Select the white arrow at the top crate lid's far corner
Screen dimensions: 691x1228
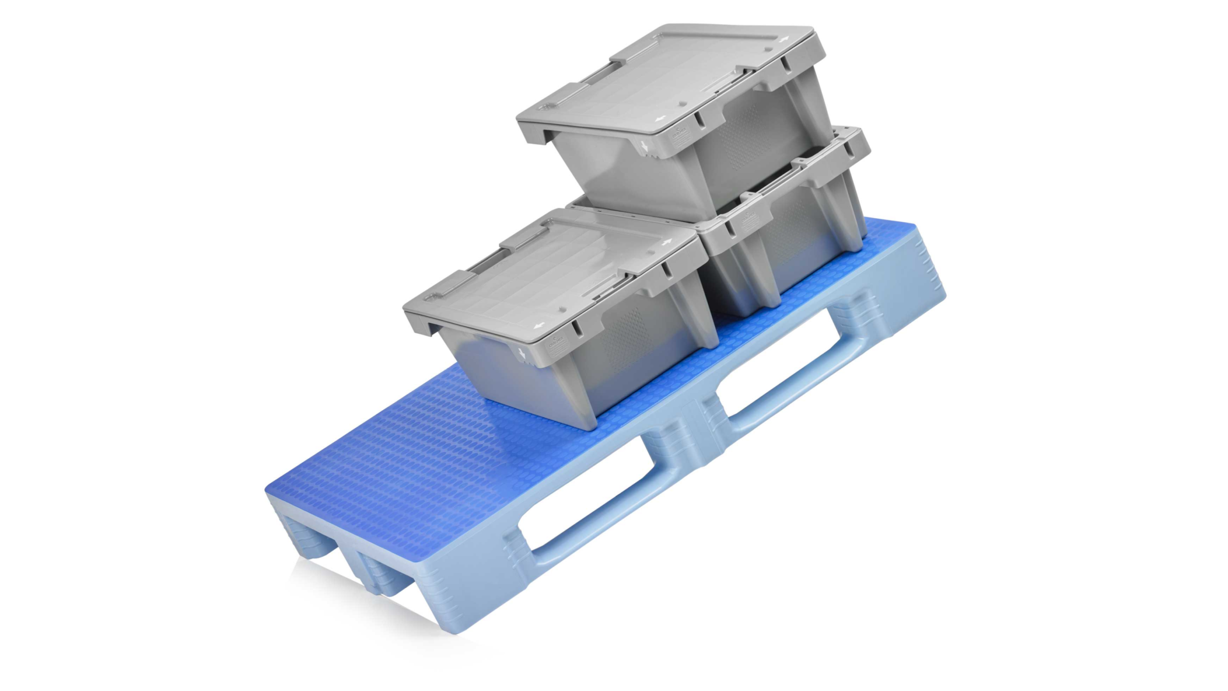pyautogui.click(x=784, y=38)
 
